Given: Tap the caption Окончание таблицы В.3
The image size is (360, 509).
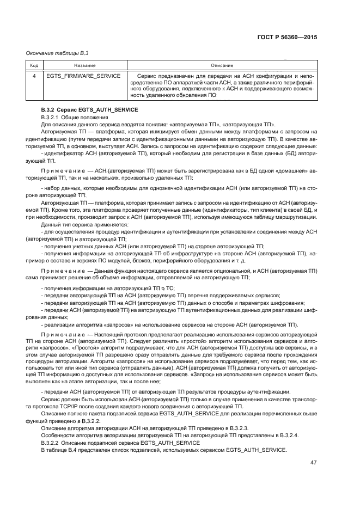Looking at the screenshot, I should coord(57,53).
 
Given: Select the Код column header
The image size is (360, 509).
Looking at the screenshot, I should coord(34,65).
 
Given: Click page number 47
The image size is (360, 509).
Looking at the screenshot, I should coord(313,462).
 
